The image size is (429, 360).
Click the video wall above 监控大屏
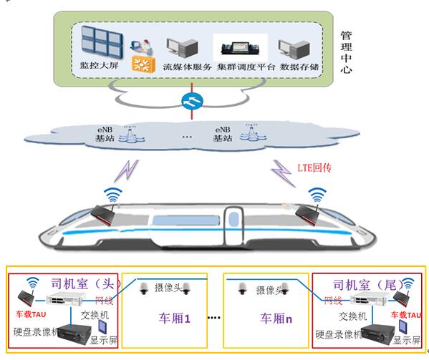[102, 42]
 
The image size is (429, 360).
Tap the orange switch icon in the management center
[143, 64]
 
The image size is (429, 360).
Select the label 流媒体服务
[188, 67]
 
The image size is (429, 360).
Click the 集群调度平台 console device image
[240, 48]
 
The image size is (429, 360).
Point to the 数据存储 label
[299, 67]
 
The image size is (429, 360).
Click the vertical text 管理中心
[346, 52]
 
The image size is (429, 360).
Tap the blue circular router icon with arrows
[193, 101]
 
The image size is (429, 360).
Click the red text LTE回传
[314, 167]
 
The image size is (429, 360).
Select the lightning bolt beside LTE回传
[284, 173]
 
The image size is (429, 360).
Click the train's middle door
[233, 225]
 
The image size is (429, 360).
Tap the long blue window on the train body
[186, 220]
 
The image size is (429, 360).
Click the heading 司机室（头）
[86, 283]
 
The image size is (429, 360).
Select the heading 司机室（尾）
[368, 285]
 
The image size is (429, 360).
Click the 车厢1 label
[174, 318]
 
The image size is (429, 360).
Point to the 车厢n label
[276, 318]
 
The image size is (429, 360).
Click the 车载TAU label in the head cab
[31, 314]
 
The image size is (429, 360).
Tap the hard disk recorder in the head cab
[74, 335]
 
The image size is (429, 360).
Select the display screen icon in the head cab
[102, 326]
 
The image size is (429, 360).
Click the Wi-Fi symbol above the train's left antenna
[112, 194]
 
